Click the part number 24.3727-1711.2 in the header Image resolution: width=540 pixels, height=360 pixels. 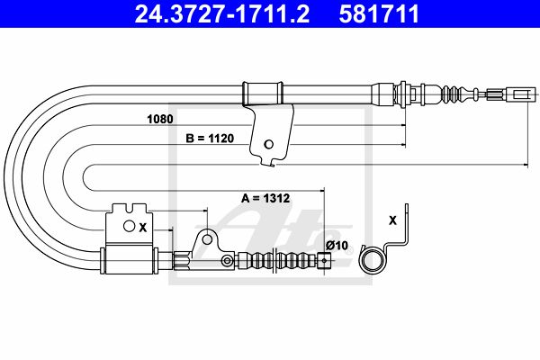(x=222, y=13)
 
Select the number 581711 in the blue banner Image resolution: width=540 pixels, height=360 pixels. (x=379, y=13)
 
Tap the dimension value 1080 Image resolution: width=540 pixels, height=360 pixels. (x=160, y=119)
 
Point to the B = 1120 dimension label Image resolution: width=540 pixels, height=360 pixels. (x=210, y=139)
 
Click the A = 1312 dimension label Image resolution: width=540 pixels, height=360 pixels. (x=265, y=198)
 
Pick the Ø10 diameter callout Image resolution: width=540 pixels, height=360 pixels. (x=337, y=246)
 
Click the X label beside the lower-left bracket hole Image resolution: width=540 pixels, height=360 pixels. (x=142, y=228)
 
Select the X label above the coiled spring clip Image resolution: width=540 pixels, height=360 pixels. (x=392, y=220)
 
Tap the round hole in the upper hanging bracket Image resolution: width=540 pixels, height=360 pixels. (x=268, y=144)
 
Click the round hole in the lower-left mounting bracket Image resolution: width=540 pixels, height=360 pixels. (x=129, y=226)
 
